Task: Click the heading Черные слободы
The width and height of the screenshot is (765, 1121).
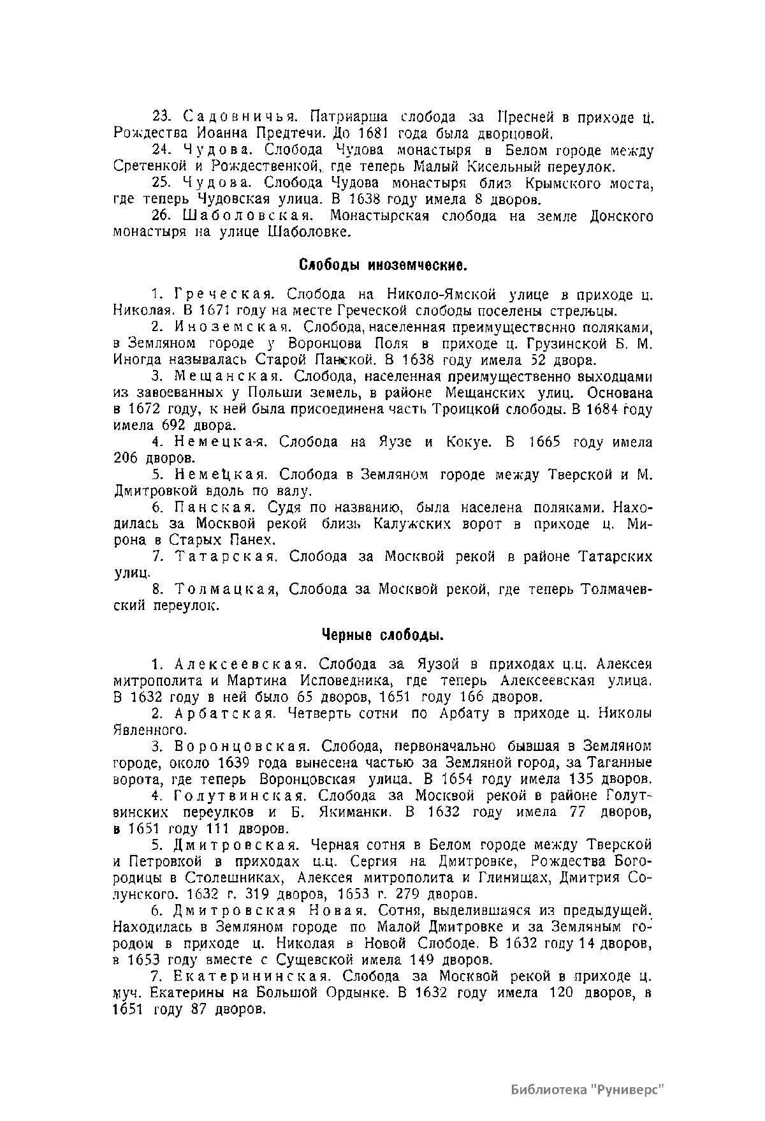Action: [x=382, y=635]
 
